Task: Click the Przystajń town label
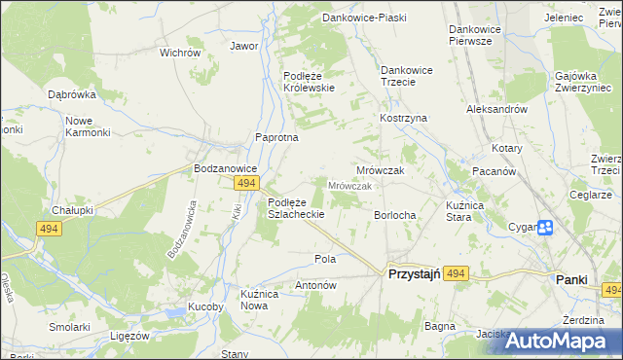(x=415, y=275)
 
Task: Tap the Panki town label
(x=571, y=279)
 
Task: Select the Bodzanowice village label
(x=225, y=168)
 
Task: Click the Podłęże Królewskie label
(x=309, y=81)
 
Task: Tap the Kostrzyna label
(x=404, y=118)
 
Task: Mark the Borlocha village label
(x=395, y=215)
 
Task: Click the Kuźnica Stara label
(x=445, y=211)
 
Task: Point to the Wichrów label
(x=179, y=53)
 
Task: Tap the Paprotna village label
(x=276, y=138)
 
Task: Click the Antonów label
(x=315, y=286)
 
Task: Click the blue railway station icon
(x=545, y=228)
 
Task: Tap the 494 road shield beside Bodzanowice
(x=246, y=183)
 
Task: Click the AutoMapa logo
(x=554, y=340)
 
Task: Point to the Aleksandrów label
(x=496, y=110)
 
